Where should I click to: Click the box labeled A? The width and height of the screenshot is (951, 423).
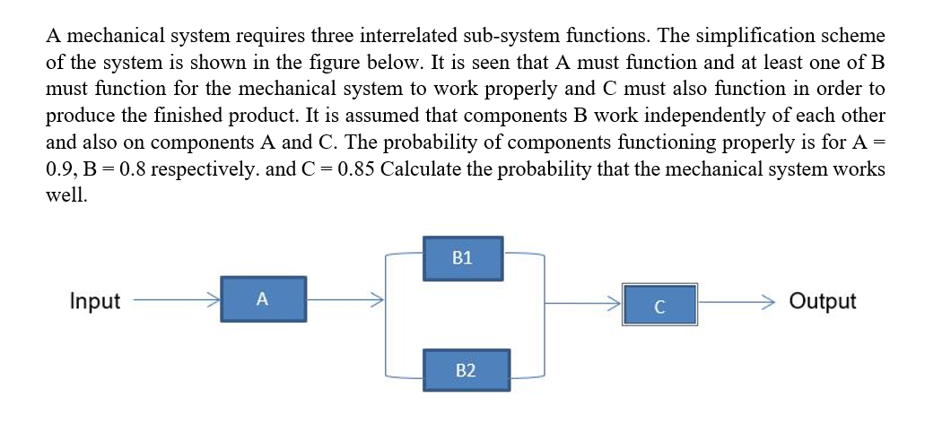[261, 299]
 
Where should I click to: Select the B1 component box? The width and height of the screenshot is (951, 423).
[462, 258]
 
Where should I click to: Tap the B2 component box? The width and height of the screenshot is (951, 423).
[465, 369]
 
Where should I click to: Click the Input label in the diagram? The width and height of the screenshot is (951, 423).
[94, 301]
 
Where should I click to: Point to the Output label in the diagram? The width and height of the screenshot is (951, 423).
[822, 301]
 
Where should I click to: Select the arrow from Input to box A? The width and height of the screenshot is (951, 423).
[175, 300]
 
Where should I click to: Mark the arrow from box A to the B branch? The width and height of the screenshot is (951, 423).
[345, 300]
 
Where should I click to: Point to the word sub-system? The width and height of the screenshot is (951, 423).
[514, 36]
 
